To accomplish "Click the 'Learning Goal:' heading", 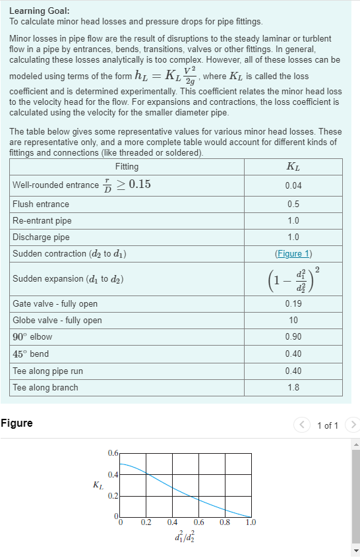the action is click(39, 11).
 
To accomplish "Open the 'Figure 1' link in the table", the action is click(293, 253).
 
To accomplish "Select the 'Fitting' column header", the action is click(127, 166).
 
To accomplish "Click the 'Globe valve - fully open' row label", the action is click(57, 320).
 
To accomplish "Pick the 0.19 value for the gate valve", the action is click(293, 303).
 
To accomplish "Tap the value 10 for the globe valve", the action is click(293, 320).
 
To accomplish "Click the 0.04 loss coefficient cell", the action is click(293, 185).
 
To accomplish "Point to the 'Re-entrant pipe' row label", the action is click(42, 220).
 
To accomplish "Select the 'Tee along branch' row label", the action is click(45, 387).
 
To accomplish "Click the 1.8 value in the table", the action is click(293, 387).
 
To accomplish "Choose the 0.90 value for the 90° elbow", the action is click(293, 337).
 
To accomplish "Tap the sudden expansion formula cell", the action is click(293, 278).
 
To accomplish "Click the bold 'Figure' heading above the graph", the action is click(16, 423).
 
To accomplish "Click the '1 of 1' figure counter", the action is click(328, 425).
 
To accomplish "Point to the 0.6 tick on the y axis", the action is click(113, 453).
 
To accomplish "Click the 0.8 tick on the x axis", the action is click(224, 522).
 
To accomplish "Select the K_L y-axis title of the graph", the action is click(98, 485).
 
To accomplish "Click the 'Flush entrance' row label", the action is click(41, 204).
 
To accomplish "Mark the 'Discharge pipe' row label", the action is click(41, 237).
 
